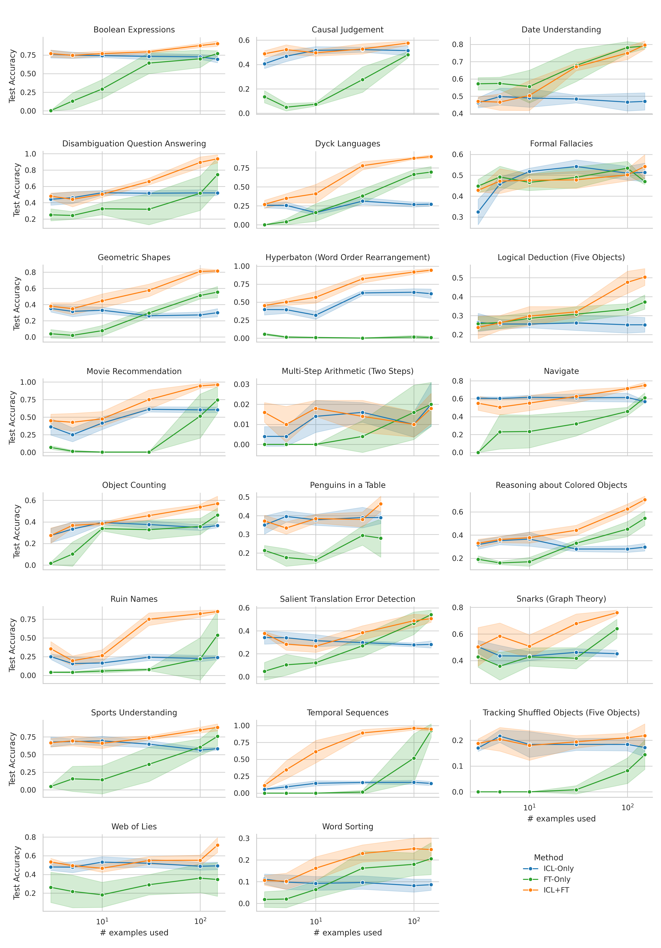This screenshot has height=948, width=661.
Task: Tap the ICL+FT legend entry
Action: point(556,890)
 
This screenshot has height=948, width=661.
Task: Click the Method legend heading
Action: point(548,858)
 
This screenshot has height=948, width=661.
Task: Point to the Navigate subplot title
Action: point(561,371)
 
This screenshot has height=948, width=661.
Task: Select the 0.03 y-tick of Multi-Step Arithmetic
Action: point(242,384)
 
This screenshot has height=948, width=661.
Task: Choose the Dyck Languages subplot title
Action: point(348,144)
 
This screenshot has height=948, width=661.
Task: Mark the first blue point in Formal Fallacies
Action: point(478,212)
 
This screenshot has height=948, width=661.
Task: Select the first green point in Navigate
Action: point(478,452)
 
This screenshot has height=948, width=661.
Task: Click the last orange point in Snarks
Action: point(617,613)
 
